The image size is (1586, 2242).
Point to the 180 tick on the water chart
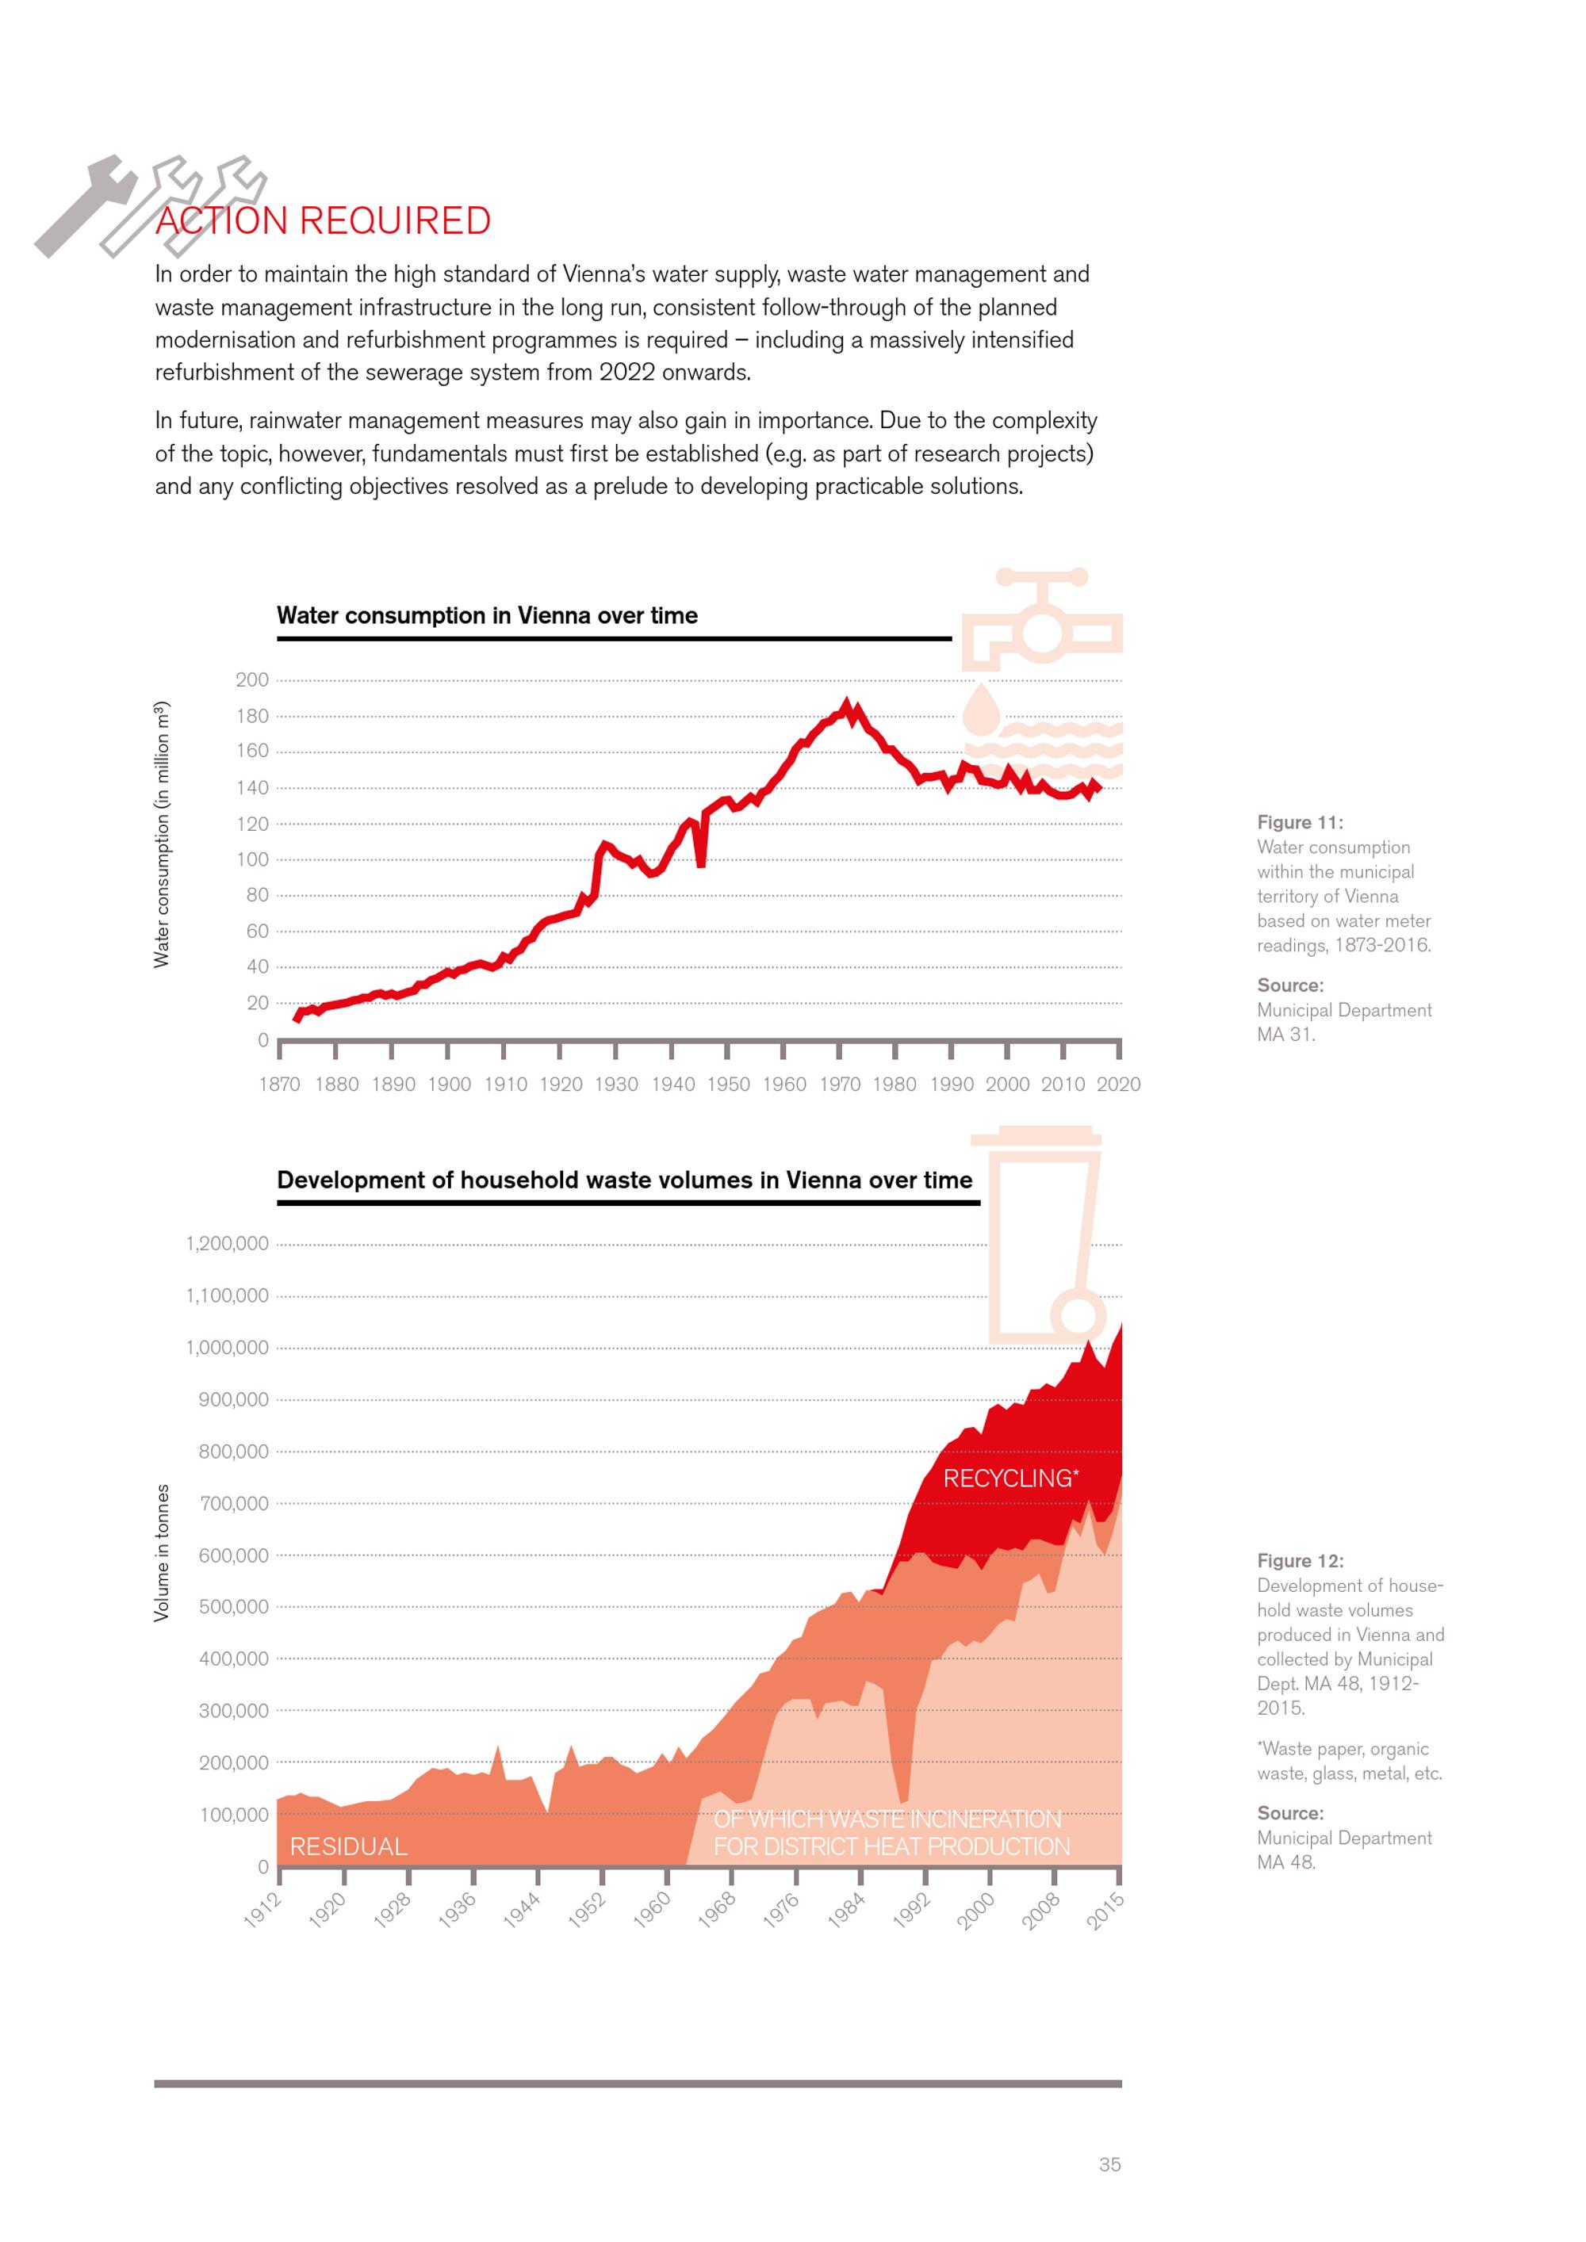pyautogui.click(x=252, y=716)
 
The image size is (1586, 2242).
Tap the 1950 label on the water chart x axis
pyautogui.click(x=729, y=1084)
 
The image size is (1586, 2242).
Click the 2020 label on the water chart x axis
pyautogui.click(x=1118, y=1084)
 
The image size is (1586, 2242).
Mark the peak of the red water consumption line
pyautogui.click(x=846, y=703)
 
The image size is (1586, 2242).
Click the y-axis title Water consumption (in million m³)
pyautogui.click(x=162, y=835)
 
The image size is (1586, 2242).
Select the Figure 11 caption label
pyautogui.click(x=1299, y=822)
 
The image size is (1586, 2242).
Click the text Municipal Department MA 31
pyautogui.click(x=1344, y=1023)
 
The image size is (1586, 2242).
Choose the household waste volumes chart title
pyautogui.click(x=624, y=1180)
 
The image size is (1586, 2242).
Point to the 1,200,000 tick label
pyautogui.click(x=227, y=1243)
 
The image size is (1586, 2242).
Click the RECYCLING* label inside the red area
pyautogui.click(x=1009, y=1479)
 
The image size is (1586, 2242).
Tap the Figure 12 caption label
pyautogui.click(x=1299, y=1560)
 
